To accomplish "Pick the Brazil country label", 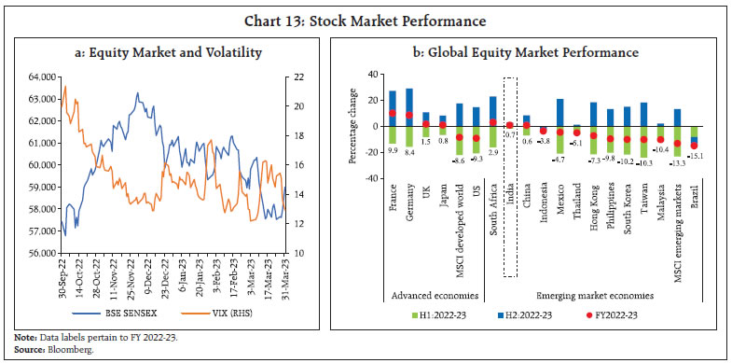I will pos(694,207).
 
